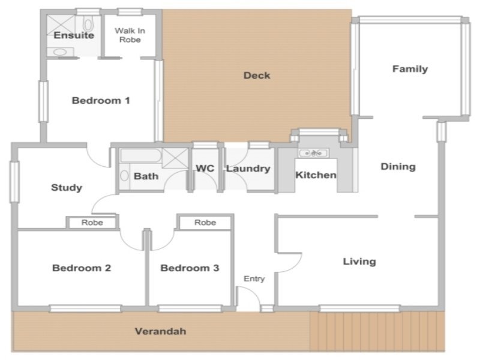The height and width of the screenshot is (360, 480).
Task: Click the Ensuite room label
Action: tap(74, 35)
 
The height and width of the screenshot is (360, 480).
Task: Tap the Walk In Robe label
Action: tap(130, 35)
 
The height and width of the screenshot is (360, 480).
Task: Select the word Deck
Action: tap(257, 76)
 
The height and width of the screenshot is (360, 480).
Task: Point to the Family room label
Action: tap(410, 69)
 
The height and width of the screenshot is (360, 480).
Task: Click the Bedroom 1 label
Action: tap(101, 100)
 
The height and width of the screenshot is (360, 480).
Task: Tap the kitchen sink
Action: tap(314, 153)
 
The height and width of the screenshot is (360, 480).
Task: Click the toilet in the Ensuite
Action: tap(88, 24)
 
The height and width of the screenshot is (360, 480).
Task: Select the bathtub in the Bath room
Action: tap(141, 155)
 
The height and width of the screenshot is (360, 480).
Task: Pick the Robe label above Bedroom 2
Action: tap(92, 223)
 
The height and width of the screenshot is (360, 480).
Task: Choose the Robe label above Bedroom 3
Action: tap(205, 223)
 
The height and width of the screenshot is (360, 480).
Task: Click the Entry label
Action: tap(254, 279)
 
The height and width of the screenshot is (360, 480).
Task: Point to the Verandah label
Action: tap(160, 331)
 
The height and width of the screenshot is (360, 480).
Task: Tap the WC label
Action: tap(205, 169)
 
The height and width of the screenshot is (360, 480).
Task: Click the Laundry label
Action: tap(248, 169)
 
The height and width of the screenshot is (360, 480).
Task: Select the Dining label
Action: tap(398, 167)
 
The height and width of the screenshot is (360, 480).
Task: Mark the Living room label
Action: tap(359, 262)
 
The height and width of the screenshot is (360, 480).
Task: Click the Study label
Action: tap(67, 188)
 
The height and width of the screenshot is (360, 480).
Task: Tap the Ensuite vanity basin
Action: tap(60, 52)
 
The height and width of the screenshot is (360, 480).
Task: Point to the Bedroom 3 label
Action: tap(190, 268)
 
